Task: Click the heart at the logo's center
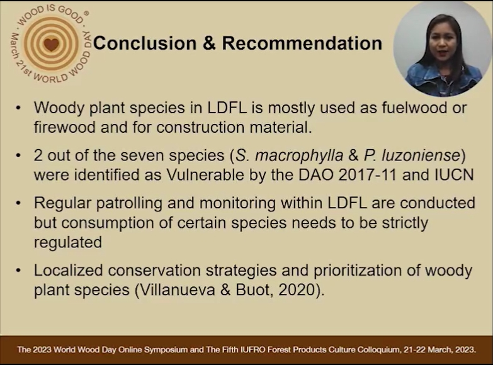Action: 51,44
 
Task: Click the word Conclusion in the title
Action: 145,43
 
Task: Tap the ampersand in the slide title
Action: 209,43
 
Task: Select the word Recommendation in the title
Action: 302,43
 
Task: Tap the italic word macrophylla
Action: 299,155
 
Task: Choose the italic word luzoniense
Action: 421,155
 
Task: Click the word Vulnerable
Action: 205,175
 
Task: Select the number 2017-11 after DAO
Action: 368,175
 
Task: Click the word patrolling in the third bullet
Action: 129,203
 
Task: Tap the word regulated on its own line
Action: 68,243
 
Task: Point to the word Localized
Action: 69,271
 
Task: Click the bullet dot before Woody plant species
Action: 18,108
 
